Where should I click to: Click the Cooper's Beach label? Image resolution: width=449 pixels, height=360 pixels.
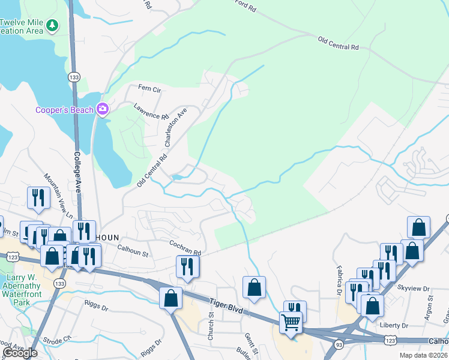64,110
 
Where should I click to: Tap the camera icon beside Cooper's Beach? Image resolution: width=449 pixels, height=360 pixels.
103,109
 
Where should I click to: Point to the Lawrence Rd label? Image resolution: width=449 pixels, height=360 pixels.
147,111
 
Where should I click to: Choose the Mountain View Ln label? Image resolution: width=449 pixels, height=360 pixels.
58,196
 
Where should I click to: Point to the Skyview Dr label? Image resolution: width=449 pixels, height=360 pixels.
418,289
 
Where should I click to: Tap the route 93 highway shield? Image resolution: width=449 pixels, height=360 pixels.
339,344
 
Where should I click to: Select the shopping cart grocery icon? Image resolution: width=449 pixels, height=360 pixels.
291,322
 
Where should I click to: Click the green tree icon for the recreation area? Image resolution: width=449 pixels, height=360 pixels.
53,25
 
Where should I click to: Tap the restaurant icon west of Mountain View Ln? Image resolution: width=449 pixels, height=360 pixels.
38,197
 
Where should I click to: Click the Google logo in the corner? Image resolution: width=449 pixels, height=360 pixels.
20,353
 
